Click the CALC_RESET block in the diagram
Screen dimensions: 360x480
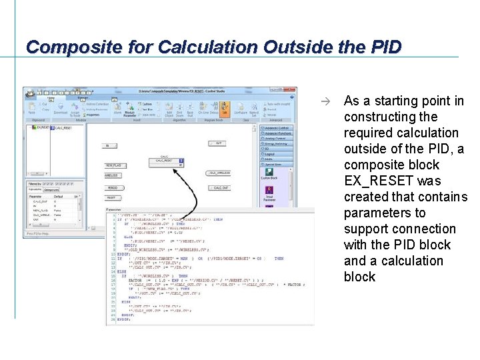169,161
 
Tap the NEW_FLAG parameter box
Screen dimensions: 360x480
114,165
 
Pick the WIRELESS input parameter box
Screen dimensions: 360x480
112,175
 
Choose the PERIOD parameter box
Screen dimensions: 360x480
112,187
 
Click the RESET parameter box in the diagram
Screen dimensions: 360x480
111,198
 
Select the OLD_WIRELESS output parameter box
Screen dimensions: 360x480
219,173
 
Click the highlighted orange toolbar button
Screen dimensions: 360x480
224,108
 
